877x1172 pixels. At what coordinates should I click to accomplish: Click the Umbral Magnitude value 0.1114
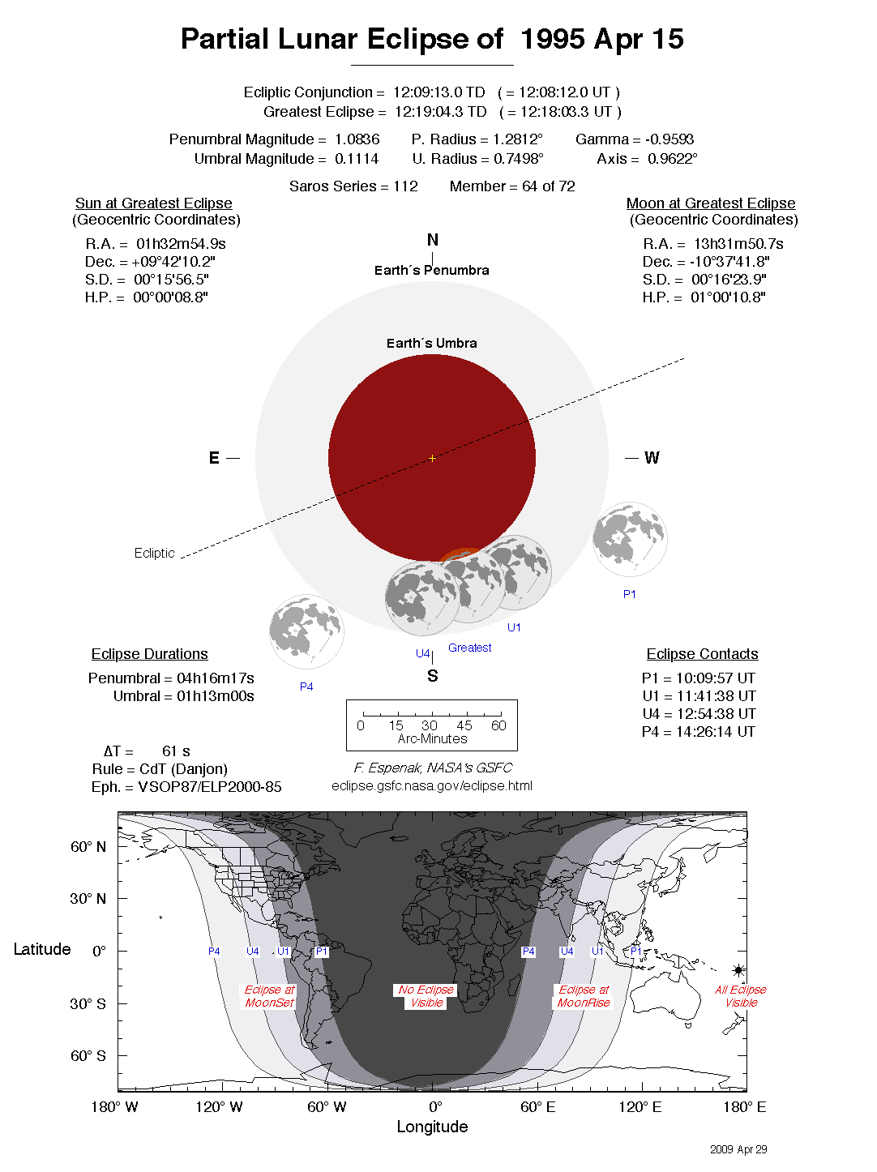357,159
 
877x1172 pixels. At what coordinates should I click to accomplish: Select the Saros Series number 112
405,186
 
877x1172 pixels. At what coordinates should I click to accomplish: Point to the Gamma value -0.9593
670,139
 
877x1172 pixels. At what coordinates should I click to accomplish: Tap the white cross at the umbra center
432,459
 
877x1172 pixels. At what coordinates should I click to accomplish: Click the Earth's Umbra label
431,344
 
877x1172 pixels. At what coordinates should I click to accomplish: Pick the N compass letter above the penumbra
433,240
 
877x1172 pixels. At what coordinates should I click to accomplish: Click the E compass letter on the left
214,458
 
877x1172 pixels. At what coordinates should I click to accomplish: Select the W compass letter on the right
652,458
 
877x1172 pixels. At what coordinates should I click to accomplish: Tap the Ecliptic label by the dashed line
154,553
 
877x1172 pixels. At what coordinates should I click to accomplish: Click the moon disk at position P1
629,539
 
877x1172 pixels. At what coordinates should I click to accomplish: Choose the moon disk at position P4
306,631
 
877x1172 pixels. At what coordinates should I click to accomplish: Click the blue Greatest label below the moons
469,648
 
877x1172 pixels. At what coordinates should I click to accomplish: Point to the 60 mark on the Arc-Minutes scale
498,725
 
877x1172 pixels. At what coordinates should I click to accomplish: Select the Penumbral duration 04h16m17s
216,678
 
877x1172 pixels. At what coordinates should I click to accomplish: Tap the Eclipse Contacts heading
702,654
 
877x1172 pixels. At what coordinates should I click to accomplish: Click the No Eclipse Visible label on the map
426,996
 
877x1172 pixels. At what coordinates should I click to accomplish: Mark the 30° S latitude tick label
88,1003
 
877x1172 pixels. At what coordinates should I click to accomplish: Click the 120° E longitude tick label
640,1107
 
